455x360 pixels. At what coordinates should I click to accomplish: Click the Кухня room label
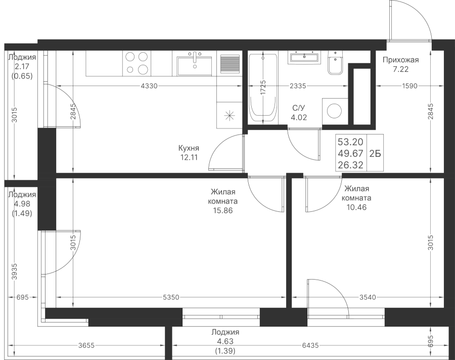(189, 148)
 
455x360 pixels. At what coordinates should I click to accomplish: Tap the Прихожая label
(400, 60)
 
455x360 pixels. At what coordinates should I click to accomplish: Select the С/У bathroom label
(299, 108)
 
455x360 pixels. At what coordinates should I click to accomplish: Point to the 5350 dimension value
(171, 297)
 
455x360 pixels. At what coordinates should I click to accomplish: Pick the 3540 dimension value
(368, 297)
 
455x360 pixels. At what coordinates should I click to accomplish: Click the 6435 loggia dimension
(310, 345)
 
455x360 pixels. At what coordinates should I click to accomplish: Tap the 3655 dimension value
(86, 345)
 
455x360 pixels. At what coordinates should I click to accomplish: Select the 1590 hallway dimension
(409, 86)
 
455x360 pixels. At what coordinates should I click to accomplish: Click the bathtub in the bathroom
(263, 87)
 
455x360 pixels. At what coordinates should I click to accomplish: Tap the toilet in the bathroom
(336, 62)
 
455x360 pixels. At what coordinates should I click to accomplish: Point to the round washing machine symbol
(335, 111)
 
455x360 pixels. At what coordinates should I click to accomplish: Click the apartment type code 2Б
(375, 154)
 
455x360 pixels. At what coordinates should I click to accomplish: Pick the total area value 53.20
(350, 142)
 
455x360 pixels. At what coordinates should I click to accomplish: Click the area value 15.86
(223, 210)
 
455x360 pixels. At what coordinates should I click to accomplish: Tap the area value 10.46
(356, 207)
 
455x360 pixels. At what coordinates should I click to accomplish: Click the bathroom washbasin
(304, 57)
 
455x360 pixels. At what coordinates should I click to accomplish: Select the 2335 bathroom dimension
(298, 86)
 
